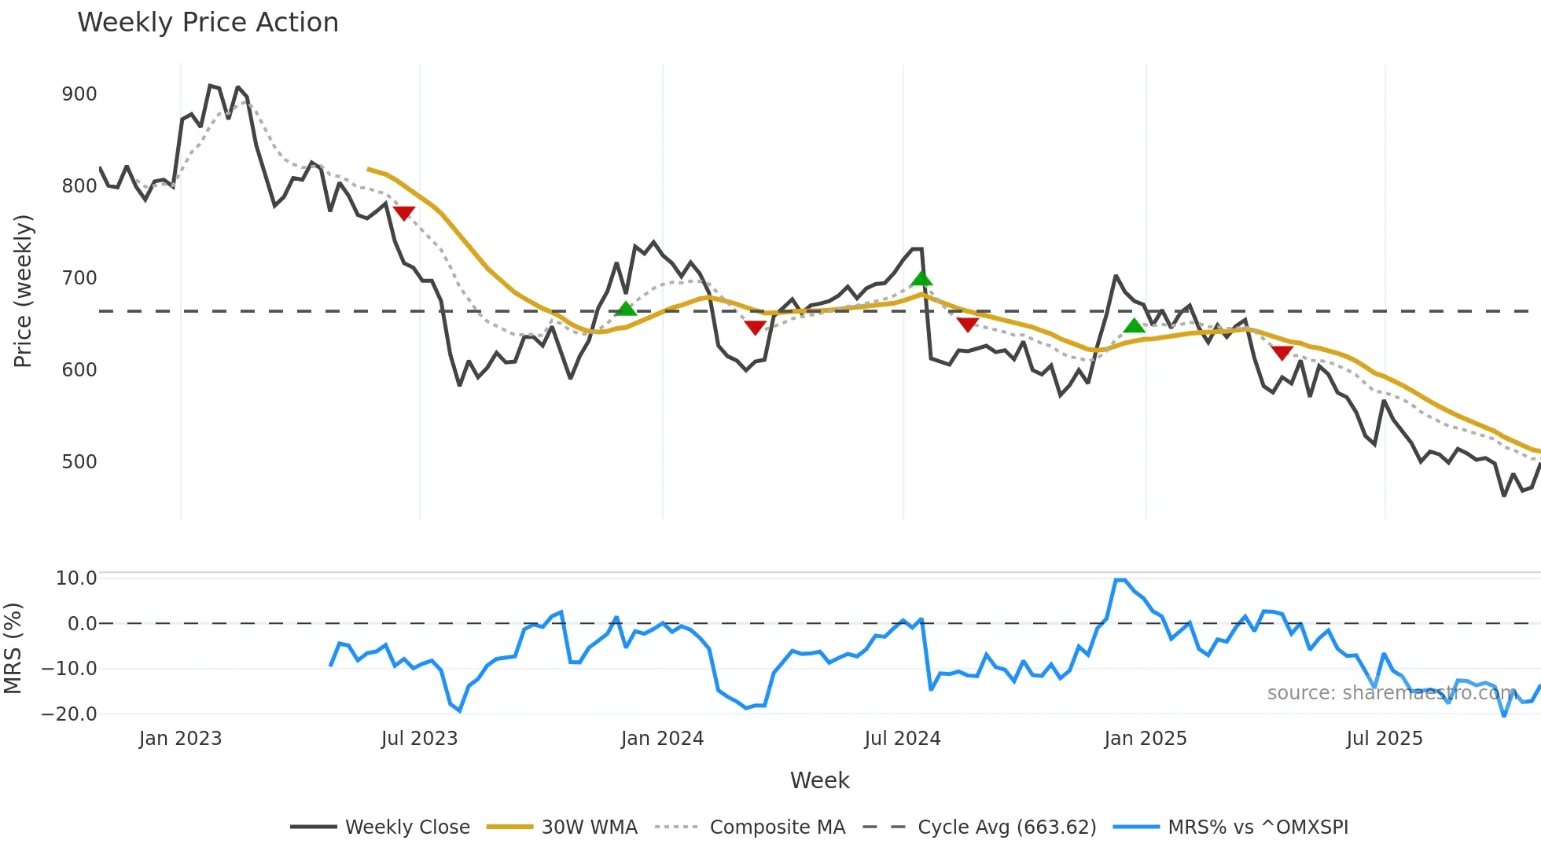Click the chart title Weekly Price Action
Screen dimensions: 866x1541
pos(208,23)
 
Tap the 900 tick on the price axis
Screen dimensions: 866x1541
pos(79,94)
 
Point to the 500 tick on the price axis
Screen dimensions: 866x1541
pos(79,462)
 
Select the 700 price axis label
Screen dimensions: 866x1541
pos(79,278)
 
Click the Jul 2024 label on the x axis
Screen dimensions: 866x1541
pos(902,739)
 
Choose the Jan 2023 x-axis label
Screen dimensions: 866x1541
pos(180,739)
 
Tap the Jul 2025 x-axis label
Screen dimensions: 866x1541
pos(1384,739)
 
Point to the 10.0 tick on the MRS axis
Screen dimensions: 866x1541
pos(75,578)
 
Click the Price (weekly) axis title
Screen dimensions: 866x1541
pos(23,291)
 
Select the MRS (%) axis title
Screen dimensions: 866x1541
pos(13,648)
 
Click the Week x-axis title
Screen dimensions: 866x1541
pos(819,780)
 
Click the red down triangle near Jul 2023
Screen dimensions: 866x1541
pos(403,213)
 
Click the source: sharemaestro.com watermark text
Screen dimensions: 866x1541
pos(1392,693)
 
